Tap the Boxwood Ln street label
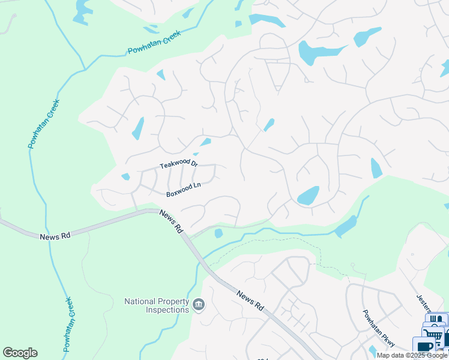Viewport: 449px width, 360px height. tap(183, 194)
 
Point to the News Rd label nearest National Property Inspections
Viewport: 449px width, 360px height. tap(250, 301)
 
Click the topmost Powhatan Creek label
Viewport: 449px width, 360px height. tap(154, 43)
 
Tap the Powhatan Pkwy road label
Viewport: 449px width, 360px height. tap(378, 328)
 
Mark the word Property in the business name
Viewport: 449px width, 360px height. tap(173, 301)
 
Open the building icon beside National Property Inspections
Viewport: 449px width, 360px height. tap(199, 306)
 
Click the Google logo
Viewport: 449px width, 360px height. tap(20, 353)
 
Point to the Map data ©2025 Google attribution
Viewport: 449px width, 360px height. tap(412, 355)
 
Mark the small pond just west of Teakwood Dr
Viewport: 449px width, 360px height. tap(125, 176)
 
